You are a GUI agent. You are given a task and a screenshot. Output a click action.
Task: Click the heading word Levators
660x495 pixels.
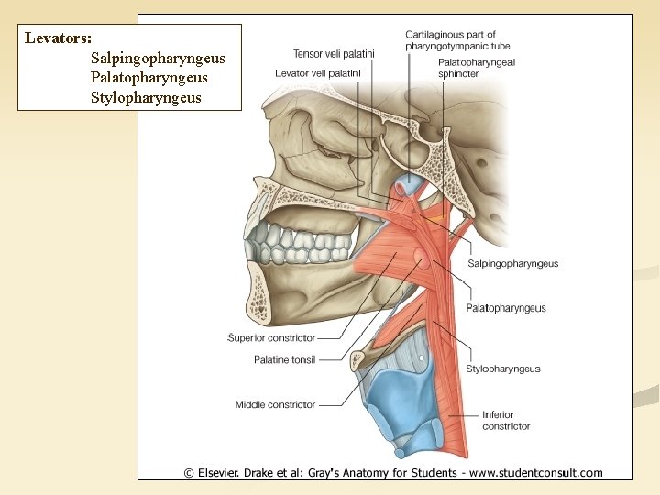point(58,38)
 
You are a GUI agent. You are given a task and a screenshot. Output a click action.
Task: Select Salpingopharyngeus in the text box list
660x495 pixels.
point(158,59)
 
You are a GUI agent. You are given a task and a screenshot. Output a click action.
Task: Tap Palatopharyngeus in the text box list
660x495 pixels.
point(148,78)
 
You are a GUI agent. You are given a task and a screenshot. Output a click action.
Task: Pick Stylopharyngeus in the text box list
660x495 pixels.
point(146,97)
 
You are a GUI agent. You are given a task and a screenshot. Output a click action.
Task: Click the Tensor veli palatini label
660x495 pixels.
point(334,53)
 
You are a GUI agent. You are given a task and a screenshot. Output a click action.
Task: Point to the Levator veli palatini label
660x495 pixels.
point(318,72)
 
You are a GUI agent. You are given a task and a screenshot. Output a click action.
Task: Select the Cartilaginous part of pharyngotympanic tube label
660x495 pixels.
point(457,40)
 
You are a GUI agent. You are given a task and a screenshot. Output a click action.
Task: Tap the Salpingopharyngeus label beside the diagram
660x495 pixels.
point(512,264)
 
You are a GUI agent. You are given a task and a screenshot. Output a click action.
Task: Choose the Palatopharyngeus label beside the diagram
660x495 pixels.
point(505,308)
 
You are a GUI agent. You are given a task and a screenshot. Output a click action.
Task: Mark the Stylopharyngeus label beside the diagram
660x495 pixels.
point(502,369)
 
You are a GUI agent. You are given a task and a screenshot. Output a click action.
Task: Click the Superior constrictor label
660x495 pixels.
point(271,338)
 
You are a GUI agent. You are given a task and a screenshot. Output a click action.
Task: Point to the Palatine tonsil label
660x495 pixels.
point(284,359)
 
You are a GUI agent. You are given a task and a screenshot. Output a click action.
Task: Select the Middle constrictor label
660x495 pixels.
point(275,404)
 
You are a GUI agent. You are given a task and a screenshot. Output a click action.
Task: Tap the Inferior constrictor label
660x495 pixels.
point(506,420)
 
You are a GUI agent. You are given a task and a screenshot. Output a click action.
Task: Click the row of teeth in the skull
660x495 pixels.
point(302,244)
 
